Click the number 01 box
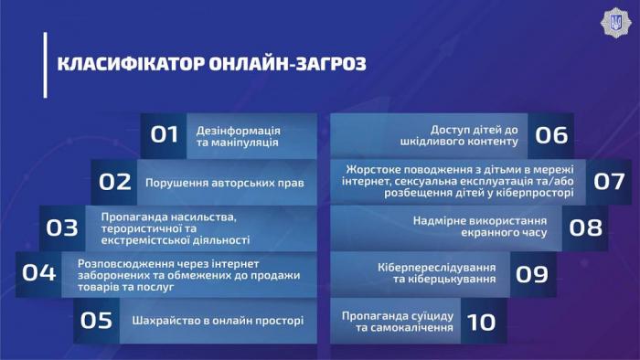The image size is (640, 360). pos(164,135)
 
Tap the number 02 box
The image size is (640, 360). pos(114,182)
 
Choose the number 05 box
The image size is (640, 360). pos(97,321)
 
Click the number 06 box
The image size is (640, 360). pos(551,135)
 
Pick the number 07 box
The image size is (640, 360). pos(609,181)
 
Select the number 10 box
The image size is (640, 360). pos(481,321)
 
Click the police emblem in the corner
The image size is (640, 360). pos(614,22)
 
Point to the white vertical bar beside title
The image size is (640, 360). pos(44,64)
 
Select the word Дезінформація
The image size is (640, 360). pos(238,130)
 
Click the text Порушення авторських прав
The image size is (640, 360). pos(224,183)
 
